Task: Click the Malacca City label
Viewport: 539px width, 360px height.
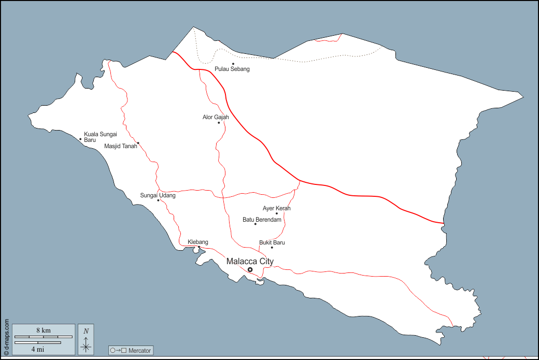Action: pyautogui.click(x=250, y=262)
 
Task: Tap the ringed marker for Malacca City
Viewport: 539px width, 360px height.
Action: pyautogui.click(x=250, y=270)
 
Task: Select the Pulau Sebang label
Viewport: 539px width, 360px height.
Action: pyautogui.click(x=232, y=69)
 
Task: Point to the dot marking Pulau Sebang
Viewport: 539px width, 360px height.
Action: pyautogui.click(x=233, y=64)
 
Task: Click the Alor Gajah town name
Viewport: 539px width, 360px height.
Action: pyautogui.click(x=216, y=117)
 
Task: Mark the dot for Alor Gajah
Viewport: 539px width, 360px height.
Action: pyautogui.click(x=219, y=123)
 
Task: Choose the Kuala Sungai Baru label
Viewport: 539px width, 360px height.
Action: pyautogui.click(x=100, y=137)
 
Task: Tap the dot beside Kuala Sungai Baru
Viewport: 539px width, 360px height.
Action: pyautogui.click(x=80, y=139)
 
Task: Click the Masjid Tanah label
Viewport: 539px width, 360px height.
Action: pyautogui.click(x=120, y=146)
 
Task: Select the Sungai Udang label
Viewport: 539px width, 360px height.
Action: pyautogui.click(x=158, y=195)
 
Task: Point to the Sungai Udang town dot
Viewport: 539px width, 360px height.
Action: pyautogui.click(x=158, y=200)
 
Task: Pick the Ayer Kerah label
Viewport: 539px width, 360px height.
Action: pyautogui.click(x=277, y=208)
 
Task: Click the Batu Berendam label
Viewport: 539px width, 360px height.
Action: pyautogui.click(x=262, y=220)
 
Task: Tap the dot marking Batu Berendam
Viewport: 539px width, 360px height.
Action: pyautogui.click(x=255, y=224)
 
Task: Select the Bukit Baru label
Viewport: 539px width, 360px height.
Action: pyautogui.click(x=272, y=242)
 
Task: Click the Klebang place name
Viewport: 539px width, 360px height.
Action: pyautogui.click(x=197, y=242)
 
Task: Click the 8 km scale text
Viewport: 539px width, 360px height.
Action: pyautogui.click(x=43, y=330)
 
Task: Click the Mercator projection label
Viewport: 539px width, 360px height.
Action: pyautogui.click(x=131, y=351)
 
